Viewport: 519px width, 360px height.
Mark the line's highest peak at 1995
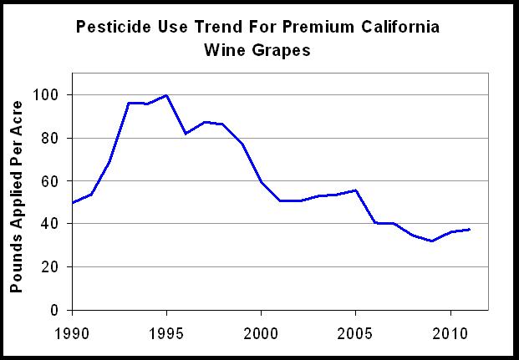(x=165, y=95)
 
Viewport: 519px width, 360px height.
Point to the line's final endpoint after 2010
(x=470, y=229)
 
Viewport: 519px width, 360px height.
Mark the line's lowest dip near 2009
(x=431, y=241)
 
